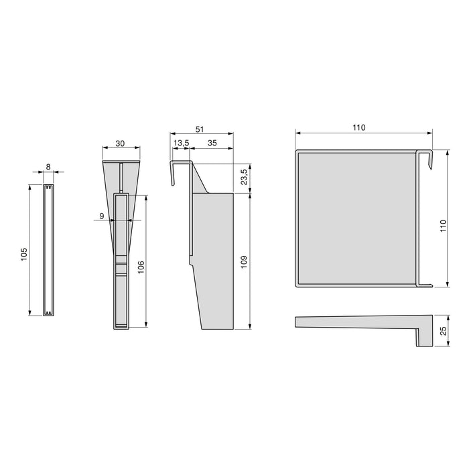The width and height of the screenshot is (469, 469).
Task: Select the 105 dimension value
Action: click(x=23, y=253)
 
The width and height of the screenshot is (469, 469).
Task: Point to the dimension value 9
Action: click(x=100, y=216)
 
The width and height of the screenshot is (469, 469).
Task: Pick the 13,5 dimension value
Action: click(x=180, y=143)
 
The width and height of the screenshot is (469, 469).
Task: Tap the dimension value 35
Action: click(x=212, y=143)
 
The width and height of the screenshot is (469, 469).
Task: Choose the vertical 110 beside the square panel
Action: click(x=442, y=227)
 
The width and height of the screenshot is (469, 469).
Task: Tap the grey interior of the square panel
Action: click(x=355, y=218)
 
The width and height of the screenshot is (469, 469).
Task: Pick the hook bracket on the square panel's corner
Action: click(x=425, y=159)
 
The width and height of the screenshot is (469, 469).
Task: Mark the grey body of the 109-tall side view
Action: click(x=214, y=261)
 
